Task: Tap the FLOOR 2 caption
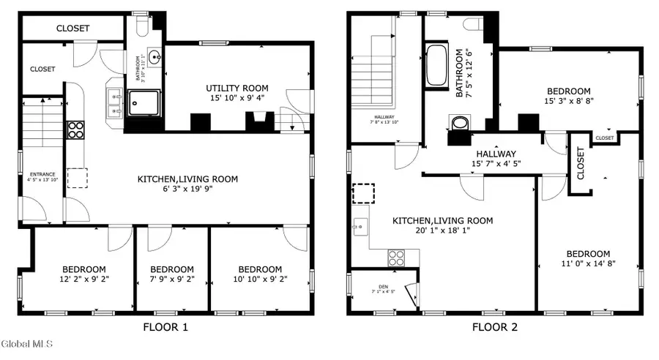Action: coord(494,327)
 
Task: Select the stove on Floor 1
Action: coord(76,130)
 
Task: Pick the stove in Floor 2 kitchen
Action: coord(396,258)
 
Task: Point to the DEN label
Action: coord(383,286)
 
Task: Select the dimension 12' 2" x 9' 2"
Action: coord(83,279)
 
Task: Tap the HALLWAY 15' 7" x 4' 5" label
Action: coord(496,159)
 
